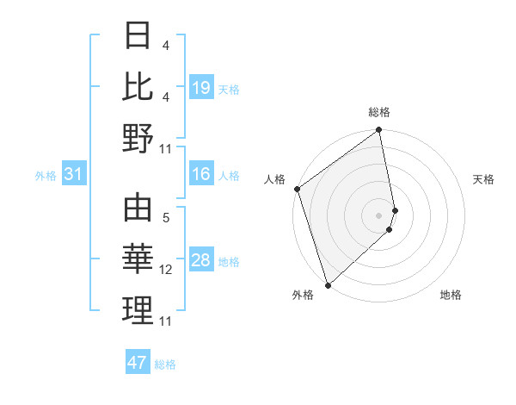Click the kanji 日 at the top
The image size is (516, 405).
(x=138, y=36)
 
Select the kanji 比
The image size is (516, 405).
(x=138, y=86)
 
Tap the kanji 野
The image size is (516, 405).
(x=138, y=138)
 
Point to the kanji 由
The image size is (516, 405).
(x=138, y=209)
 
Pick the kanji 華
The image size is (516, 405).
(x=138, y=259)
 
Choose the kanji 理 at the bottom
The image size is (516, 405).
(x=138, y=309)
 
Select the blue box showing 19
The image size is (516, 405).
(x=200, y=88)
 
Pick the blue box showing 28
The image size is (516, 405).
(x=200, y=261)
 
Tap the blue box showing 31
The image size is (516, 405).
(x=73, y=175)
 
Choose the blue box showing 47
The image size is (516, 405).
(x=138, y=363)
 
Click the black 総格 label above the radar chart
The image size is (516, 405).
(x=379, y=112)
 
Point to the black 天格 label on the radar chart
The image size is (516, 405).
(x=483, y=179)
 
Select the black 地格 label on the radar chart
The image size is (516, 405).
(x=451, y=295)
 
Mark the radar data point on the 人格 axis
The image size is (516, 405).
(x=297, y=189)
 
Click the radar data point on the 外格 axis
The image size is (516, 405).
(x=328, y=284)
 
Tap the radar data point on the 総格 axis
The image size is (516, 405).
(x=379, y=131)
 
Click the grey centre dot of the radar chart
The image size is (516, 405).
(x=379, y=215)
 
